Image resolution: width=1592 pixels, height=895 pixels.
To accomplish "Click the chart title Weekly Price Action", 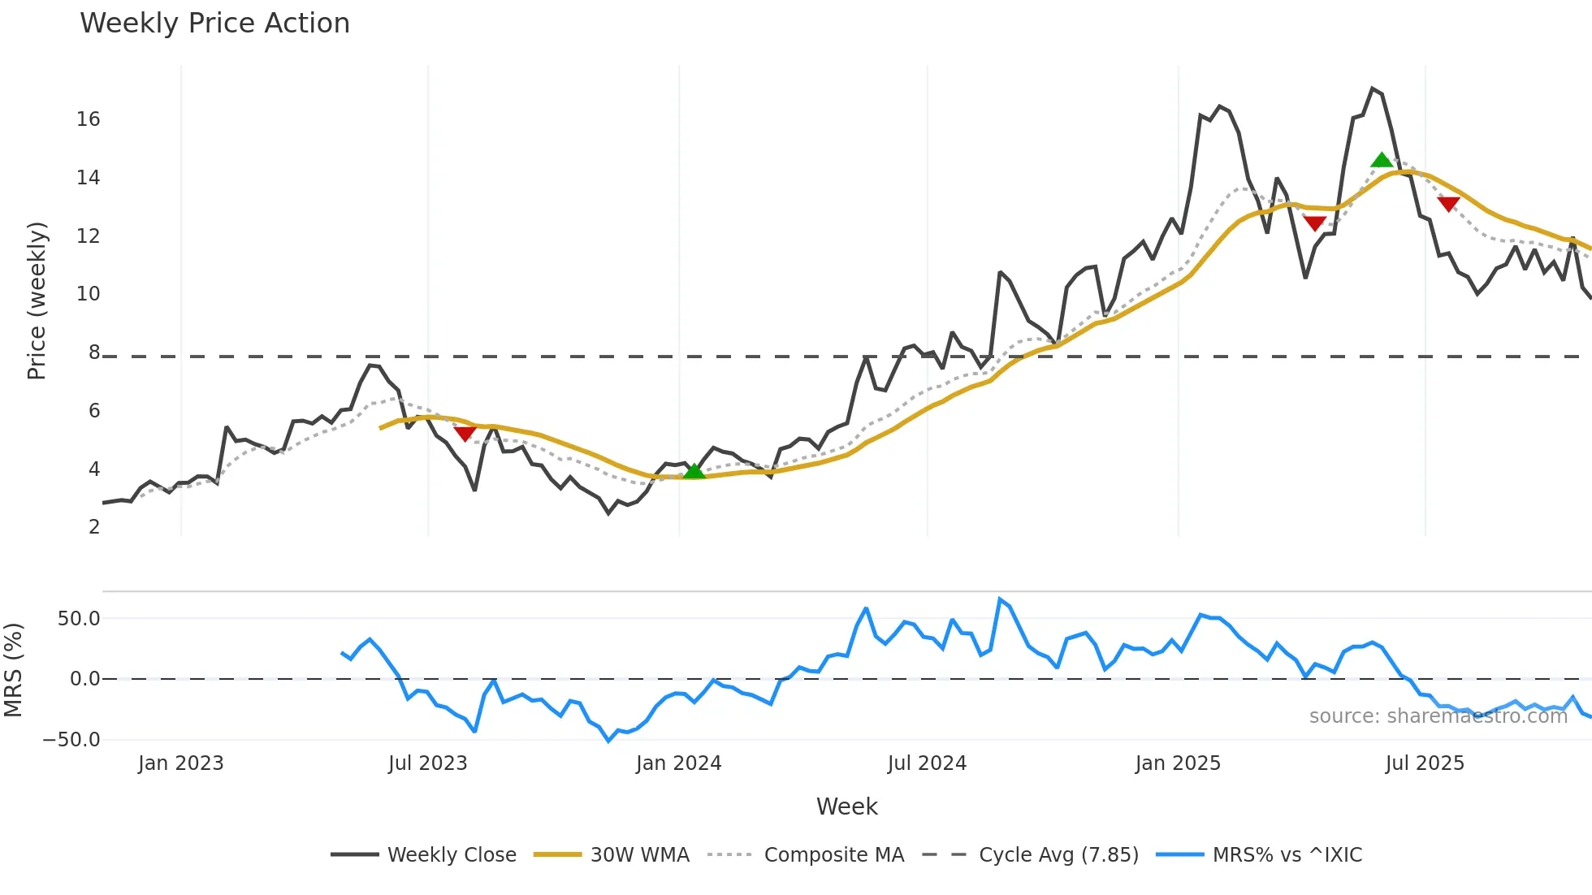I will [x=214, y=24].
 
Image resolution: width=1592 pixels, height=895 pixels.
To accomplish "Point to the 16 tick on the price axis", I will [x=89, y=119].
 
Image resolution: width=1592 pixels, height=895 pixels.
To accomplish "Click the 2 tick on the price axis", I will [x=94, y=527].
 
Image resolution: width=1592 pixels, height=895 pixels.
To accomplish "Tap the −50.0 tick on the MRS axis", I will [x=71, y=740].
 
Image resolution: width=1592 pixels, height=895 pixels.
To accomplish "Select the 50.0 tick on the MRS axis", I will [x=79, y=619].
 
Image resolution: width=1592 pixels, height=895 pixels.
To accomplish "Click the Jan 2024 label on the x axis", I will [x=678, y=763].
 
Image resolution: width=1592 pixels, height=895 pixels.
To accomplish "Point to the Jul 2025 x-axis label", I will [x=1424, y=763].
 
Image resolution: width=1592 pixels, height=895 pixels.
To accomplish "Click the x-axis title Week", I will [x=846, y=806].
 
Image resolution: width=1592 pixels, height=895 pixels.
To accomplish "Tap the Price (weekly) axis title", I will [x=37, y=300].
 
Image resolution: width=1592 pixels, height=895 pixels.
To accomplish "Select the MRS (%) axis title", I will [x=13, y=670].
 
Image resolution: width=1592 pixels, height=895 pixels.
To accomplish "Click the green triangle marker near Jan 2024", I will [x=694, y=471].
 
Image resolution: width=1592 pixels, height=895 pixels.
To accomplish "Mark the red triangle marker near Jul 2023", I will [x=465, y=434].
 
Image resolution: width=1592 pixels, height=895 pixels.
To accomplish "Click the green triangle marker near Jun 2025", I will [x=1381, y=160].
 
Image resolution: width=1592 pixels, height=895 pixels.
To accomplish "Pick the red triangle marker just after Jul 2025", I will [x=1448, y=203].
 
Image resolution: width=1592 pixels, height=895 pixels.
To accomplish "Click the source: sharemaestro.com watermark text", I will [x=1438, y=716].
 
